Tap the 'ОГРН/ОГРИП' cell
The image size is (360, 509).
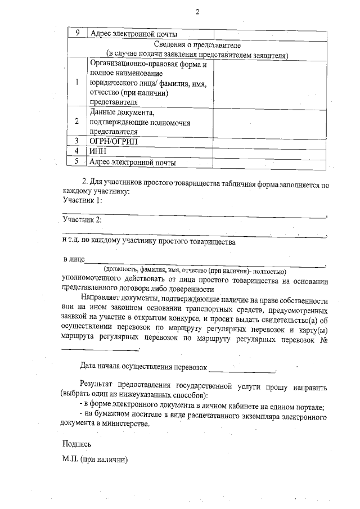click(113, 140)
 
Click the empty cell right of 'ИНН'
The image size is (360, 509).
click(269, 151)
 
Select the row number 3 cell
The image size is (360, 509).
click(76, 140)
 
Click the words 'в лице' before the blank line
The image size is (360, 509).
click(73, 260)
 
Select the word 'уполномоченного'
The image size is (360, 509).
click(93, 278)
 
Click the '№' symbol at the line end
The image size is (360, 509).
click(323, 340)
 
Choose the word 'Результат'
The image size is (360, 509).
click(98, 388)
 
